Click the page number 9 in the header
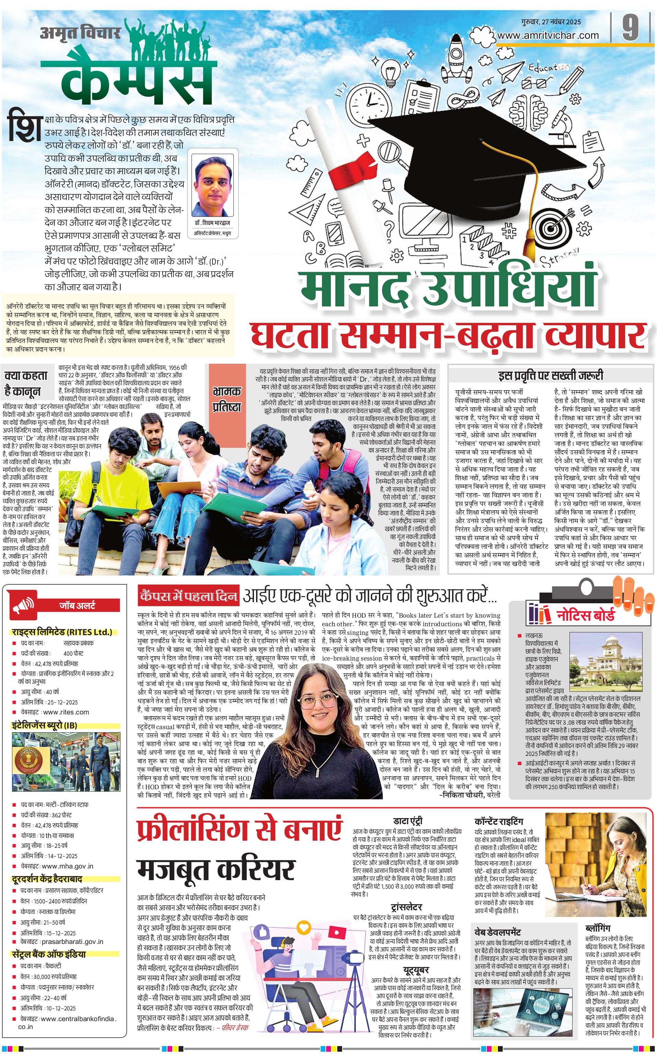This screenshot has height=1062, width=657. pos(631,28)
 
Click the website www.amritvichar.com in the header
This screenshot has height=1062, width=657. pos(548,36)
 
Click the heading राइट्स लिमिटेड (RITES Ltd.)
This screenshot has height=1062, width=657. pos(62,632)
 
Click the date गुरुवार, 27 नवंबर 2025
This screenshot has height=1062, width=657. pos(551,22)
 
